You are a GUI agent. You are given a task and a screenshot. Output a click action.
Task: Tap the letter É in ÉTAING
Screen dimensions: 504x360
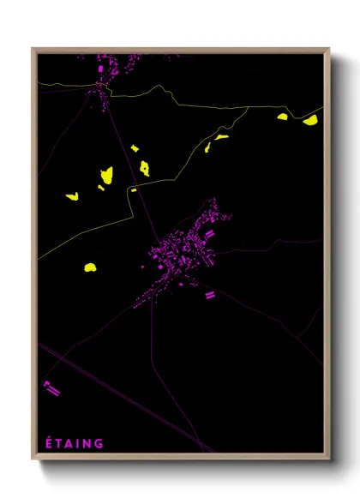point(48,443)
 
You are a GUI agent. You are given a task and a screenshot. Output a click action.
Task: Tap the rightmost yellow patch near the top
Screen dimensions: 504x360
point(310,121)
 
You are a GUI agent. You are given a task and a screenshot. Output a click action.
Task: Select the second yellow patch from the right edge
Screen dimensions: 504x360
point(283,117)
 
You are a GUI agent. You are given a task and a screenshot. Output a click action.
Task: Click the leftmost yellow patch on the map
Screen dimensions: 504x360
point(72,196)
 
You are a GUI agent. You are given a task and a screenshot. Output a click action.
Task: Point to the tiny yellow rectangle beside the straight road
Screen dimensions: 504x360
point(134,189)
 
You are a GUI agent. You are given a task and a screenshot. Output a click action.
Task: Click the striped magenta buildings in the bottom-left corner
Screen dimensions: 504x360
point(51,388)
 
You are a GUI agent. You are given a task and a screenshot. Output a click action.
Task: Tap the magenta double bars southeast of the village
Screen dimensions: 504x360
point(208,295)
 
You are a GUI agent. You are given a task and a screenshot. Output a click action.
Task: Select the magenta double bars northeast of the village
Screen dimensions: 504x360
point(209,232)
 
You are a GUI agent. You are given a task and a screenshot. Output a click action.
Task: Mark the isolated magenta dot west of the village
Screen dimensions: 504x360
point(143,267)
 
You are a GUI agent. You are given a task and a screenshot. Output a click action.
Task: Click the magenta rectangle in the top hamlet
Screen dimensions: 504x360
point(100,67)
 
